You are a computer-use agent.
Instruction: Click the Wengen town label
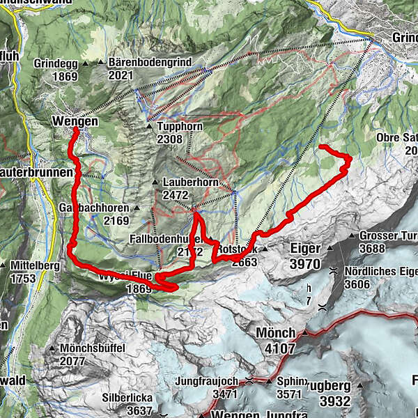[75, 121]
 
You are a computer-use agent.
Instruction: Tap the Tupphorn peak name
[180, 127]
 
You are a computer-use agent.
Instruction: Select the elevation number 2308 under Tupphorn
[170, 139]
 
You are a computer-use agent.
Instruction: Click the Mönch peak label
[276, 332]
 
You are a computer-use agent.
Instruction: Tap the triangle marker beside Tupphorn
[149, 127]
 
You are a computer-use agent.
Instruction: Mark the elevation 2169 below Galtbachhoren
[116, 221]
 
